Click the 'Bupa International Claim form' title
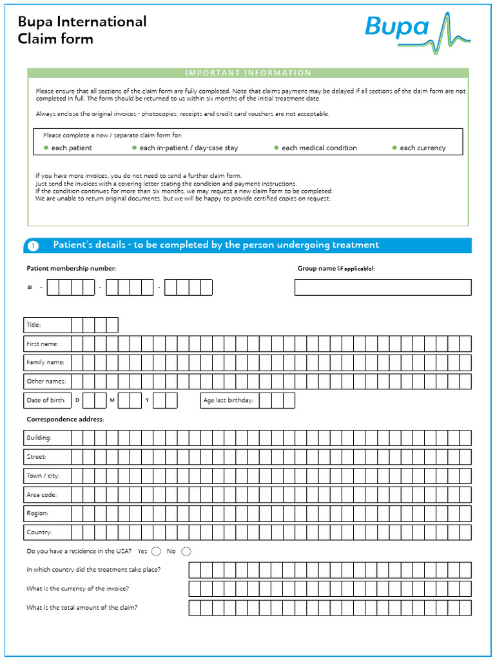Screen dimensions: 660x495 click(82, 30)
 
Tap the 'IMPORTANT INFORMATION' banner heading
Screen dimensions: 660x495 click(248, 73)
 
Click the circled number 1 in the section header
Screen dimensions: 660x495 click(34, 246)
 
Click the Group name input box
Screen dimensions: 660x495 click(383, 287)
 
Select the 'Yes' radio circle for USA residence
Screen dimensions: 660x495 click(156, 551)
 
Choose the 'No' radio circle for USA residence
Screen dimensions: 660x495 click(186, 551)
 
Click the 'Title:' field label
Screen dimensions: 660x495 click(34, 325)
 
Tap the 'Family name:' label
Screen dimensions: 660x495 click(45, 362)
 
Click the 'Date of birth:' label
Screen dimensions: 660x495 click(46, 400)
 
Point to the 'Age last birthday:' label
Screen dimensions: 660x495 click(228, 401)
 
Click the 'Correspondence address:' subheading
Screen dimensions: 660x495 click(65, 420)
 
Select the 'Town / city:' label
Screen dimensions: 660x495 click(43, 476)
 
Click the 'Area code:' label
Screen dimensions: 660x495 click(41, 495)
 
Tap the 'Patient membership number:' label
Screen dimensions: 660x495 click(71, 268)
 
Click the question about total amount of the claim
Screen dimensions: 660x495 click(82, 608)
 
